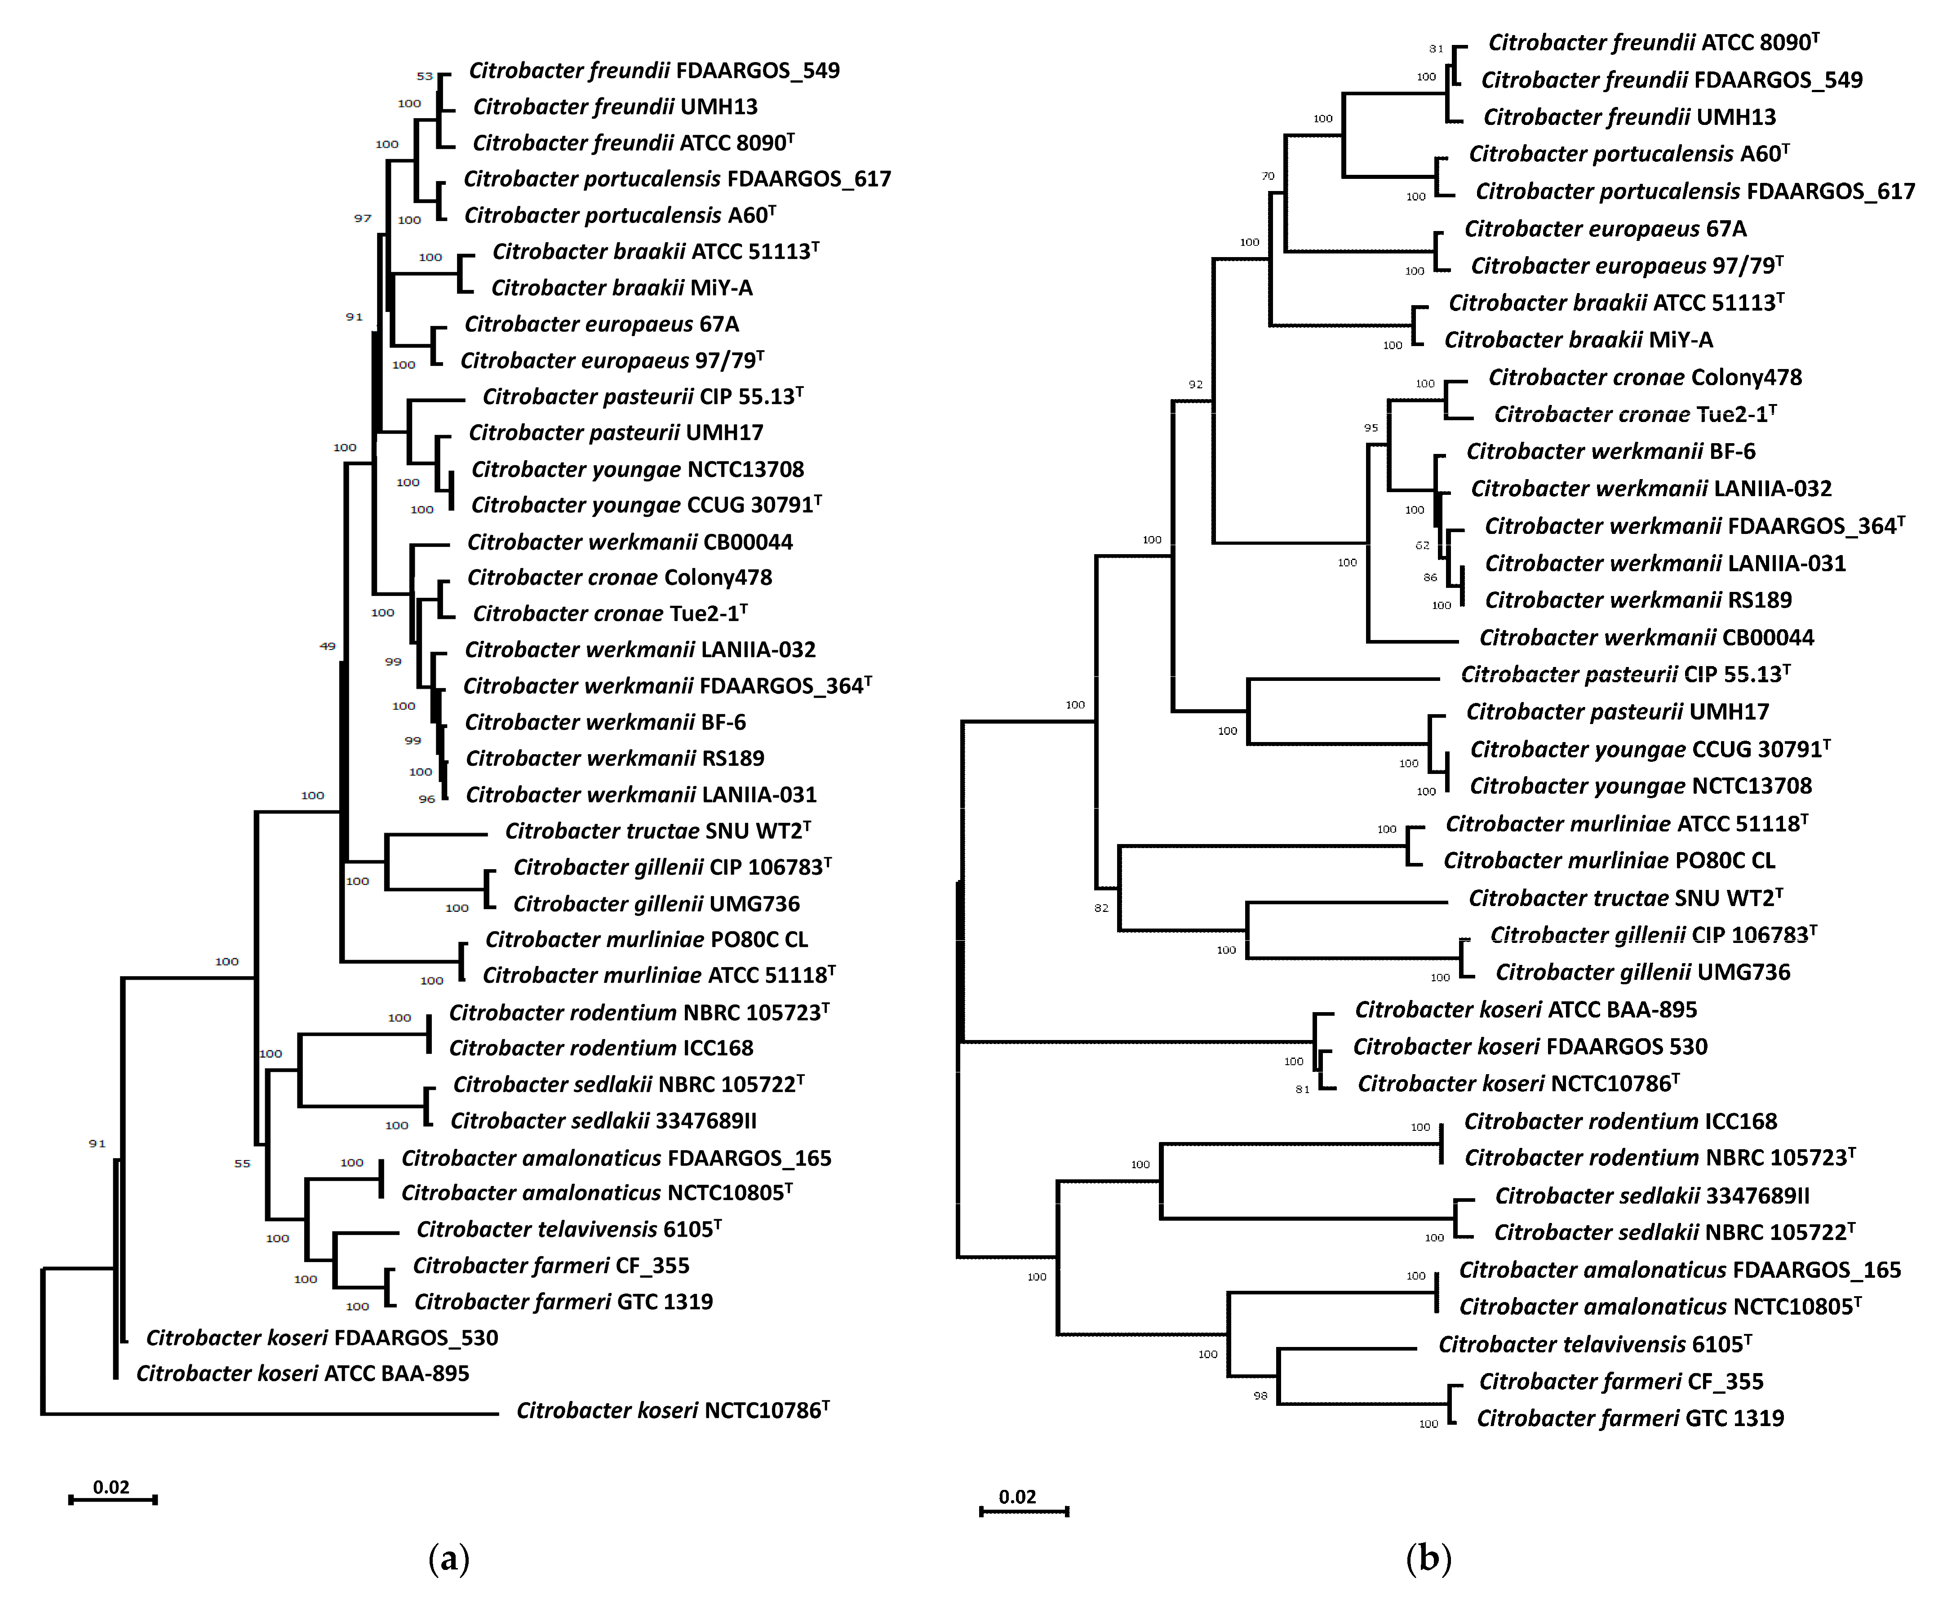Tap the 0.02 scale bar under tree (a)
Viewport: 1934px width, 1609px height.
pos(112,1498)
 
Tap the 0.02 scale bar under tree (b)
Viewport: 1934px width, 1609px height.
pos(1023,1510)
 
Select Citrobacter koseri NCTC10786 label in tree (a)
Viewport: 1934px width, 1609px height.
pos(672,1410)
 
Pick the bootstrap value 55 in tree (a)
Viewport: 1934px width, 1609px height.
pos(242,1163)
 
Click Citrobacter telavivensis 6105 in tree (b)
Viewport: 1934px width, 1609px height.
pos(1594,1345)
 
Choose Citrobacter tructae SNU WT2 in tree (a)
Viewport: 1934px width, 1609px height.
pos(657,831)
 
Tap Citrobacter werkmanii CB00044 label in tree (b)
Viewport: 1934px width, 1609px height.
pos(1646,637)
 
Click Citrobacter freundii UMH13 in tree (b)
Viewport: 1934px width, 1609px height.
pos(1629,117)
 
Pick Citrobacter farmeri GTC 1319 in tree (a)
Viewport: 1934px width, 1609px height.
pos(563,1302)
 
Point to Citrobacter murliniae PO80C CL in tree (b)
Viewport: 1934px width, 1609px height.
pos(1609,860)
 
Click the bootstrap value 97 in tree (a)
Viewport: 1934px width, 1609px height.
pos(363,218)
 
